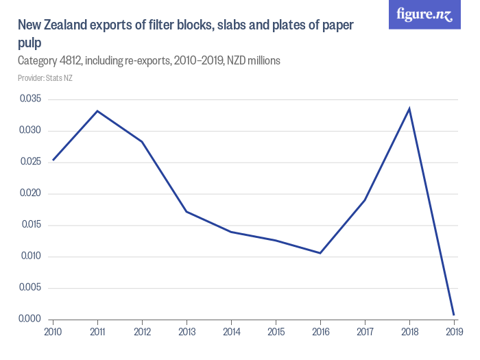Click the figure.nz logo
click(x=424, y=15)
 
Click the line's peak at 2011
click(x=97, y=110)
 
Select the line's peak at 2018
click(x=409, y=108)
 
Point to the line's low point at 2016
click(x=320, y=253)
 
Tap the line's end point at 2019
click(x=454, y=315)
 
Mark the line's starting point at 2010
click(x=53, y=160)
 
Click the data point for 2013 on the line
click(x=187, y=211)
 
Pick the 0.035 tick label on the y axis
click(x=30, y=99)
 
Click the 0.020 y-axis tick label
click(x=30, y=193)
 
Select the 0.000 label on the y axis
click(x=30, y=320)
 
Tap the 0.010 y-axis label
click(x=30, y=256)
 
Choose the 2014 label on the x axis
click(x=231, y=333)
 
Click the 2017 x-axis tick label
click(x=365, y=333)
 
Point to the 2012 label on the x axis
click(x=142, y=333)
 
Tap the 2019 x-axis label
click(x=453, y=333)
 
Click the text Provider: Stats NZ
click(x=45, y=78)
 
